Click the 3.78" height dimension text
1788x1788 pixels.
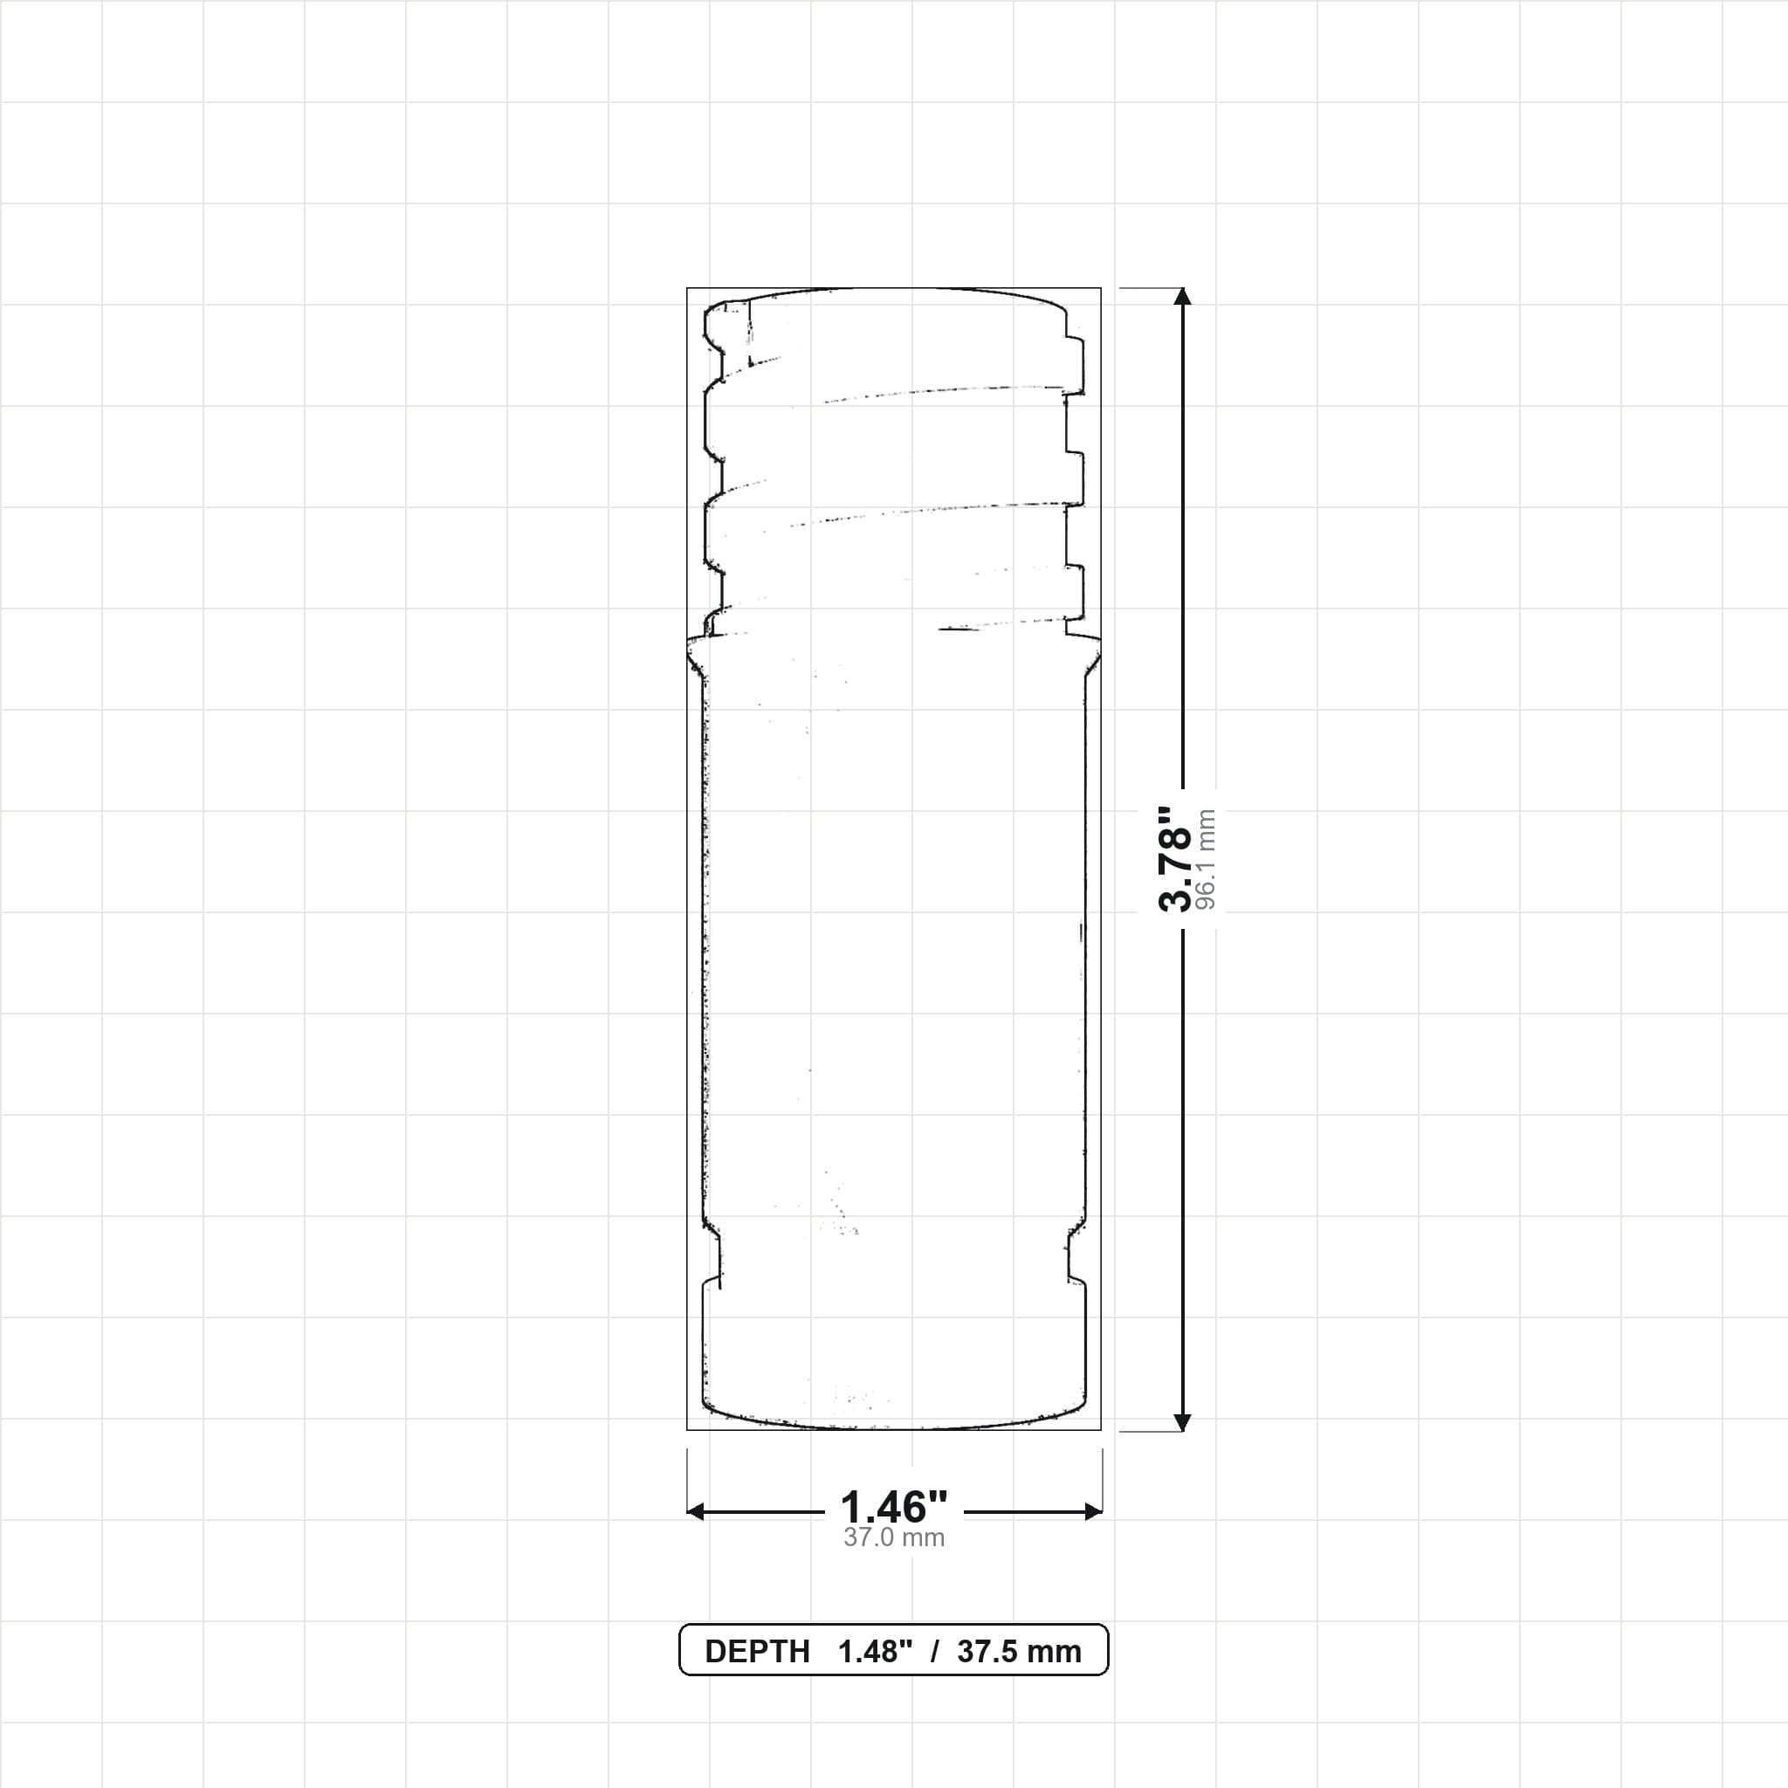(x=1174, y=858)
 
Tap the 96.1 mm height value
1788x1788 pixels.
(x=1206, y=860)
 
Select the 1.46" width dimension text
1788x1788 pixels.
(x=894, y=1508)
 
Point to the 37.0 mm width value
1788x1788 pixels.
(x=894, y=1538)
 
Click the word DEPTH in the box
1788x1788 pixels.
(x=757, y=1652)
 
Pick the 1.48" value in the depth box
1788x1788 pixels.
(x=876, y=1652)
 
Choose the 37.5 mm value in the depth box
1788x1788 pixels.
(x=1019, y=1652)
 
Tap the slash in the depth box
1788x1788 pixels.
(x=935, y=1652)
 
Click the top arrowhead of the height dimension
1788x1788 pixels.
(x=1182, y=296)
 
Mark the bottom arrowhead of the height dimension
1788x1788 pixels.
(x=1182, y=1421)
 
